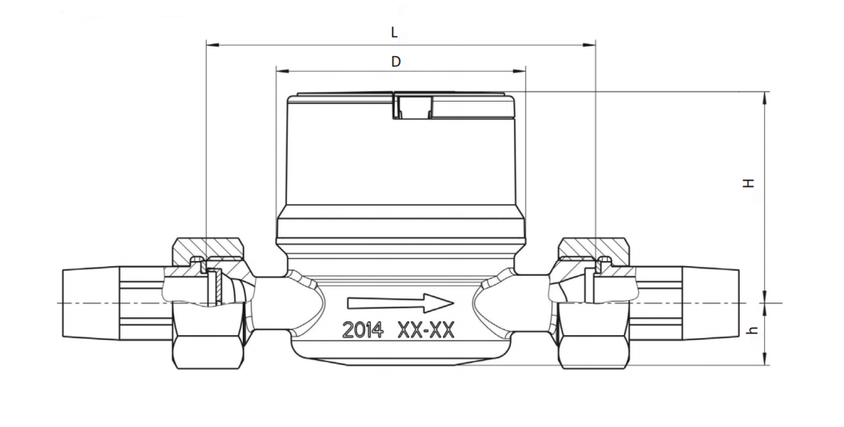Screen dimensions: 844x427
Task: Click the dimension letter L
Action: (394, 33)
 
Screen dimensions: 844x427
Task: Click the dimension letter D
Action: (396, 62)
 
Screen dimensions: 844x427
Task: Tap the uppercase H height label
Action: (748, 183)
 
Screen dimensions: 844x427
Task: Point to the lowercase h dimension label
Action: (753, 329)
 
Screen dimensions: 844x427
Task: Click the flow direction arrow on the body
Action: (401, 303)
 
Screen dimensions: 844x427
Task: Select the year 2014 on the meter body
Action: (363, 329)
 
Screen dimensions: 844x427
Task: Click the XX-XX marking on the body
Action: (426, 329)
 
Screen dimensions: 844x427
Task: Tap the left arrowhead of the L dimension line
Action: (212, 45)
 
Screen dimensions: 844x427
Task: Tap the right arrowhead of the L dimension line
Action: (590, 45)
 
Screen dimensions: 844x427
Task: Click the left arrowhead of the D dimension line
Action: (282, 71)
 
